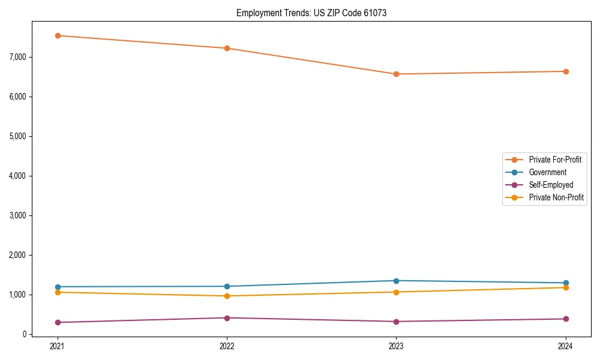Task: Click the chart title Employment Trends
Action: coord(311,13)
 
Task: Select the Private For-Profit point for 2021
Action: coord(58,35)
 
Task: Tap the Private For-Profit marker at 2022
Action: coord(227,48)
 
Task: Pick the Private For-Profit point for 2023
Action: coord(396,74)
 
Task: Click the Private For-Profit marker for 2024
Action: coord(566,71)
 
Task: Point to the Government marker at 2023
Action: coord(396,281)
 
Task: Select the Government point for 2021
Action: coord(58,287)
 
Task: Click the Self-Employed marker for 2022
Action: coord(227,318)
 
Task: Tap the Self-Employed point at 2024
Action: coord(566,319)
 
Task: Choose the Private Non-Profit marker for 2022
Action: coord(227,296)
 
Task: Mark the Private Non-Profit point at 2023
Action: coord(396,292)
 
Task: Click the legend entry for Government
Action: coord(547,172)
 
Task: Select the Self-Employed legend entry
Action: coord(551,185)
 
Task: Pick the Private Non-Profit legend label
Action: coord(556,197)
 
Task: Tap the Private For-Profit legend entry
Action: coord(555,160)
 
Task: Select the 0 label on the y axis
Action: coord(24,334)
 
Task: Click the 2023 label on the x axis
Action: coord(396,346)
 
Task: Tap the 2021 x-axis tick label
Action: coord(58,346)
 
